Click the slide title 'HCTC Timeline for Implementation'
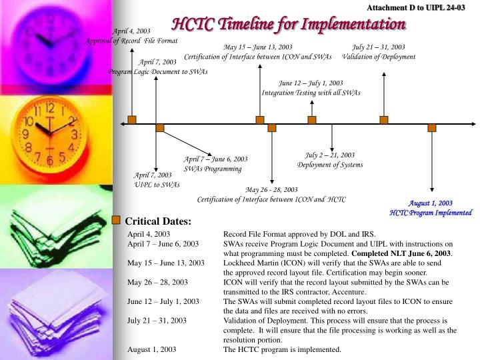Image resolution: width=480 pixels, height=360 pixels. (x=289, y=25)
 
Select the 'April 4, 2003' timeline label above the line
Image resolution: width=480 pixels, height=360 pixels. (x=131, y=31)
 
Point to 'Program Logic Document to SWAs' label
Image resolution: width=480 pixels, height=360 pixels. (x=159, y=71)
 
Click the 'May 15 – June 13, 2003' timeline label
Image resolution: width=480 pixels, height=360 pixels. (x=258, y=47)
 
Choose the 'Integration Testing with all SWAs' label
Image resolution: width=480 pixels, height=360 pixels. (x=311, y=93)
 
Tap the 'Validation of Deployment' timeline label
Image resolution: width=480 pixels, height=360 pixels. (x=378, y=57)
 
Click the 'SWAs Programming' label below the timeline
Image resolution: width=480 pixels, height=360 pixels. (x=213, y=169)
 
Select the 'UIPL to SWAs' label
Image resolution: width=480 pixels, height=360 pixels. (x=157, y=185)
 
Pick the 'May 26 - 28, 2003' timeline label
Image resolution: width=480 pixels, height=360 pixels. (x=271, y=190)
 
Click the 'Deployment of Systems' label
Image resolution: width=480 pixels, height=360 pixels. (x=330, y=165)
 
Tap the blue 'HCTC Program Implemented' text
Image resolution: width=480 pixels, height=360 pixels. (x=431, y=213)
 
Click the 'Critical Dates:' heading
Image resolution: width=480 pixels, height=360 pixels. (x=158, y=221)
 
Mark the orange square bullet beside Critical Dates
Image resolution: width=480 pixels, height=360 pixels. (x=116, y=220)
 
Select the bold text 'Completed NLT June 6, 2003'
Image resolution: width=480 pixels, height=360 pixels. (x=403, y=253)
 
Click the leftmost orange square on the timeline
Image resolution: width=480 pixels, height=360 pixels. (x=132, y=120)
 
